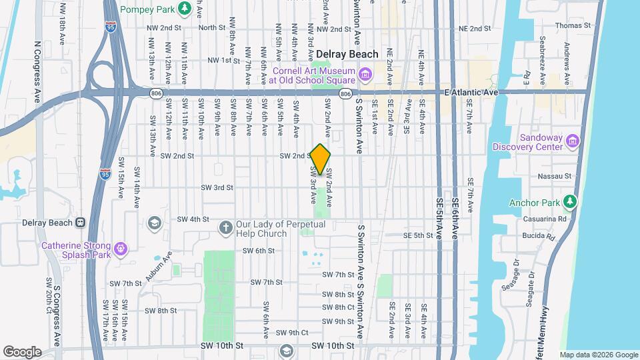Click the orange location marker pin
click(x=321, y=159)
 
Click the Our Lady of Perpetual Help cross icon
click(x=225, y=229)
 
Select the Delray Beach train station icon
click(x=79, y=223)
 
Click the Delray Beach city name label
click(x=347, y=54)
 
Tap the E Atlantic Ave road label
click(x=471, y=93)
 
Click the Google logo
click(x=23, y=351)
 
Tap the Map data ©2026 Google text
click(x=598, y=355)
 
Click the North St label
click(x=211, y=28)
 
